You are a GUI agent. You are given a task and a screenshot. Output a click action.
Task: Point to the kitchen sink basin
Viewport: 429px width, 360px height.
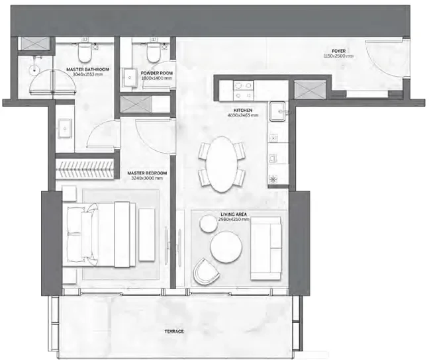point(277,110)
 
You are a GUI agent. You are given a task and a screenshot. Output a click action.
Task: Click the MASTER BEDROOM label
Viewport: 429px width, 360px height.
point(146,173)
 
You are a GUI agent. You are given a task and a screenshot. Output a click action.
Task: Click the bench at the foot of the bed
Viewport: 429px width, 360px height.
point(146,234)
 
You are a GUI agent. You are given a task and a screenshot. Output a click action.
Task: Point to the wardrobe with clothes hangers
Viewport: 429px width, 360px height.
point(87,169)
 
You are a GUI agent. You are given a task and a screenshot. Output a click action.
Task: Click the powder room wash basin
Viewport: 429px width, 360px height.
point(128,77)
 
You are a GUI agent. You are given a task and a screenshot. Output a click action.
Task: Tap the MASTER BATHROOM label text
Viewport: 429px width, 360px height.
point(87,69)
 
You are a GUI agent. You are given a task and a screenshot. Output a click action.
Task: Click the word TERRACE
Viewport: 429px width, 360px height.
point(174,330)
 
